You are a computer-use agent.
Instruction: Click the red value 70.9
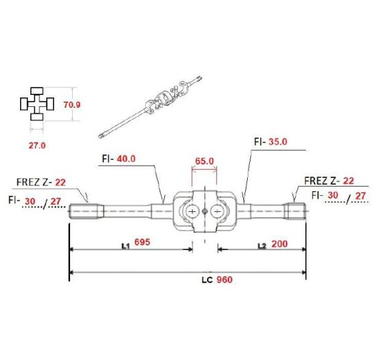click(x=72, y=105)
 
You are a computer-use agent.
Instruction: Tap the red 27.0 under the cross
click(x=37, y=146)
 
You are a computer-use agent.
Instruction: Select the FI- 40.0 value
click(x=126, y=158)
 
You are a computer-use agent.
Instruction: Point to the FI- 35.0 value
click(x=278, y=142)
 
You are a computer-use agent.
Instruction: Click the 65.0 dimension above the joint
click(x=204, y=161)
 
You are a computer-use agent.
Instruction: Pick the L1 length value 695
click(x=142, y=242)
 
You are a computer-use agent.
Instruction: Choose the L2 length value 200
click(x=279, y=244)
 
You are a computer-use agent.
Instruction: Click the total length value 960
click(x=224, y=279)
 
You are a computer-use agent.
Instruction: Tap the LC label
click(x=207, y=280)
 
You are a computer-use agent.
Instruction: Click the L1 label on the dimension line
click(x=126, y=246)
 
